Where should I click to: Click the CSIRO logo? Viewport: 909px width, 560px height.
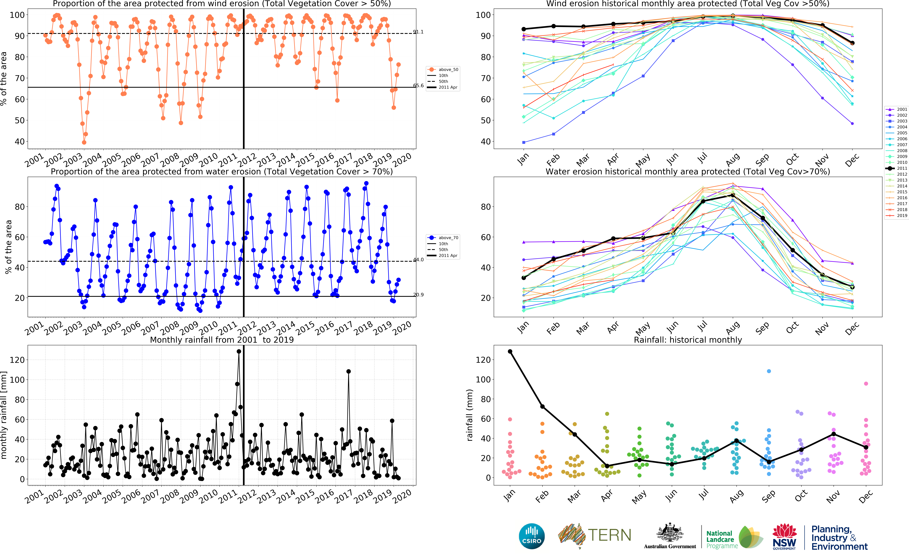point(532,536)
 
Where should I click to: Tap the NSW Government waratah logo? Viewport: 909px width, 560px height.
point(784,536)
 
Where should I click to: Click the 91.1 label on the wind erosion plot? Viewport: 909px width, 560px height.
point(418,32)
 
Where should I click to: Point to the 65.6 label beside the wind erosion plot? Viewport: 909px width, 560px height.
point(418,86)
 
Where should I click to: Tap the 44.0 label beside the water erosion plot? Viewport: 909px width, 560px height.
point(418,260)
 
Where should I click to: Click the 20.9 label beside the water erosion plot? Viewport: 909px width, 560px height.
point(418,295)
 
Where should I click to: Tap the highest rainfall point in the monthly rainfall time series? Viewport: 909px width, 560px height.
point(239,351)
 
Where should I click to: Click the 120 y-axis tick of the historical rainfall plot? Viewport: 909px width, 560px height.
point(483,360)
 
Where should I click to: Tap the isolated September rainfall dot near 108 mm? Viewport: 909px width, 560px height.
point(769,371)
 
